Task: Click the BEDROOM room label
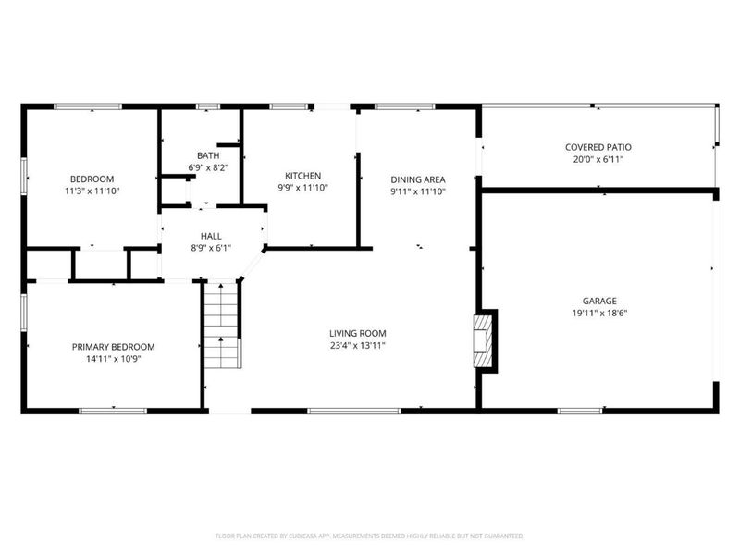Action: (92, 179)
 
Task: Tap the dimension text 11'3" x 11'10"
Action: (92, 191)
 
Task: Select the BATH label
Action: (208, 155)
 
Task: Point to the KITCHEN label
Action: (302, 175)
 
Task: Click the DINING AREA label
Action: (418, 179)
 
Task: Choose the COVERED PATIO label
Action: (598, 147)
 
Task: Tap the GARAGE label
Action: (599, 301)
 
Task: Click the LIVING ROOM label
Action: (358, 333)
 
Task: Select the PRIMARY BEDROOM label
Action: (114, 347)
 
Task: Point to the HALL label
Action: (211, 236)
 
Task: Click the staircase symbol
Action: (222, 326)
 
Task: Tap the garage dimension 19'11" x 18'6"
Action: (599, 313)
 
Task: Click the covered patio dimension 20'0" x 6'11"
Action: (598, 159)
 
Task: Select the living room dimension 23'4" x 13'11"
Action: (358, 345)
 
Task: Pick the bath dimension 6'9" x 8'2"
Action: (208, 167)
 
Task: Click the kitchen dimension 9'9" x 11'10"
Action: (302, 187)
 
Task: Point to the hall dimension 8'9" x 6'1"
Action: (211, 248)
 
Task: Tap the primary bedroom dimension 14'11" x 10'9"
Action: (114, 359)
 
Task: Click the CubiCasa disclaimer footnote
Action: (370, 536)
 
